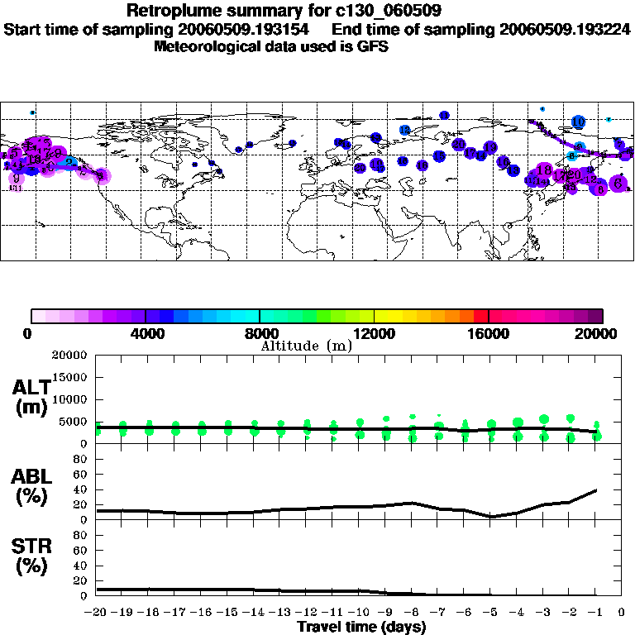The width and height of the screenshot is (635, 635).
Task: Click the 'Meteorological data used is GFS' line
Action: point(271,46)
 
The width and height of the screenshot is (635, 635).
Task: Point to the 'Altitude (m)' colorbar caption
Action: point(306,345)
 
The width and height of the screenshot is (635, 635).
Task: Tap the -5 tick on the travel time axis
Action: point(490,613)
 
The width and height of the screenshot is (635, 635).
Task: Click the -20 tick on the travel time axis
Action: point(96,613)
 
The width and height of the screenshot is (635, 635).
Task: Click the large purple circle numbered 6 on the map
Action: point(618,184)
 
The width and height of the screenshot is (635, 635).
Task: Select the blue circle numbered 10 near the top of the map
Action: point(578,122)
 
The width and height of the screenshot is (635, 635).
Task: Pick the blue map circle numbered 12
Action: point(404,130)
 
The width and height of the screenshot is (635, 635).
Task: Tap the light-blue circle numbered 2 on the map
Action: point(71,162)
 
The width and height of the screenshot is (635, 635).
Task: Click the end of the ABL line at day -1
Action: point(596,489)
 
